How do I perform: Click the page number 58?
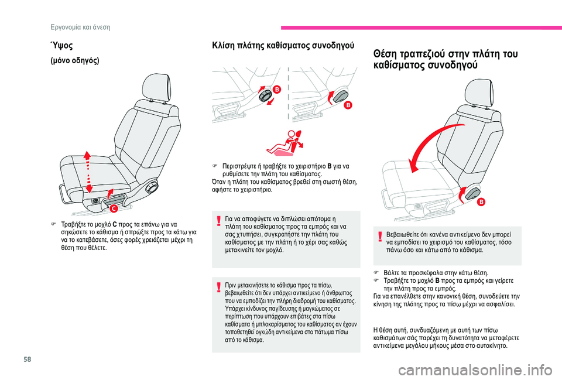pyautogui.click(x=28, y=359)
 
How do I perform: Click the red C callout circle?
pyautogui.click(x=114, y=208)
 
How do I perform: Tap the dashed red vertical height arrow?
pyautogui.click(x=88, y=172)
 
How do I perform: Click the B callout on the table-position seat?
pyautogui.click(x=481, y=202)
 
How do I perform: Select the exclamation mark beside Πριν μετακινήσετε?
pyautogui.click(x=218, y=287)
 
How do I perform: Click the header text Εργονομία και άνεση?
pyautogui.click(x=80, y=28)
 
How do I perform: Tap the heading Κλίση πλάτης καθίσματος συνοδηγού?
pyautogui.click(x=283, y=46)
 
